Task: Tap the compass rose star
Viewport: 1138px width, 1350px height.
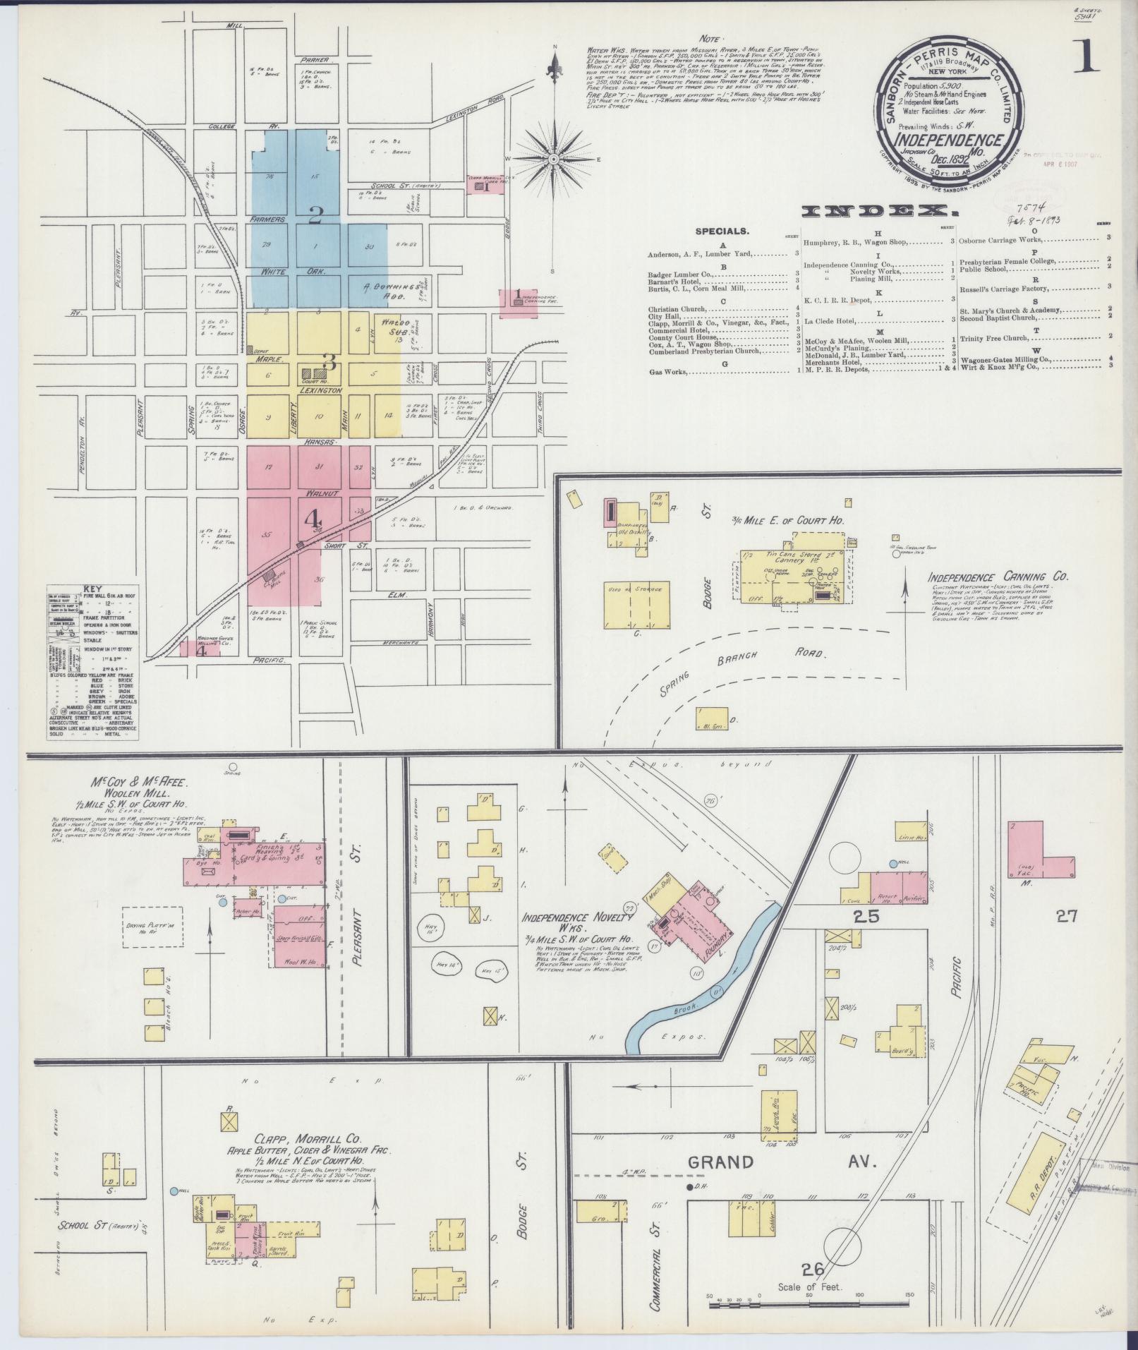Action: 555,159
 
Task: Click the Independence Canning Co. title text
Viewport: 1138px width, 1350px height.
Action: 998,577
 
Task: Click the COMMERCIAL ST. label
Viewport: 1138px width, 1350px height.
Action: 656,1248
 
